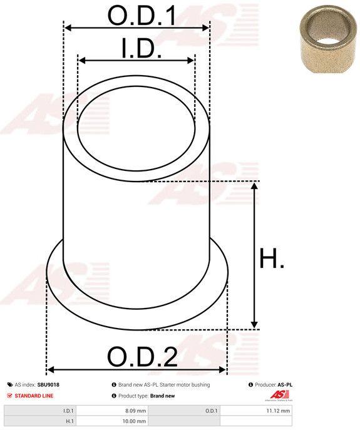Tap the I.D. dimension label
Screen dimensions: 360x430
141,49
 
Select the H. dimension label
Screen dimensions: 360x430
272,258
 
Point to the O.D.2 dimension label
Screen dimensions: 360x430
142,357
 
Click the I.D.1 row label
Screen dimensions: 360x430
68,411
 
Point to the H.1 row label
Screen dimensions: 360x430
69,421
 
